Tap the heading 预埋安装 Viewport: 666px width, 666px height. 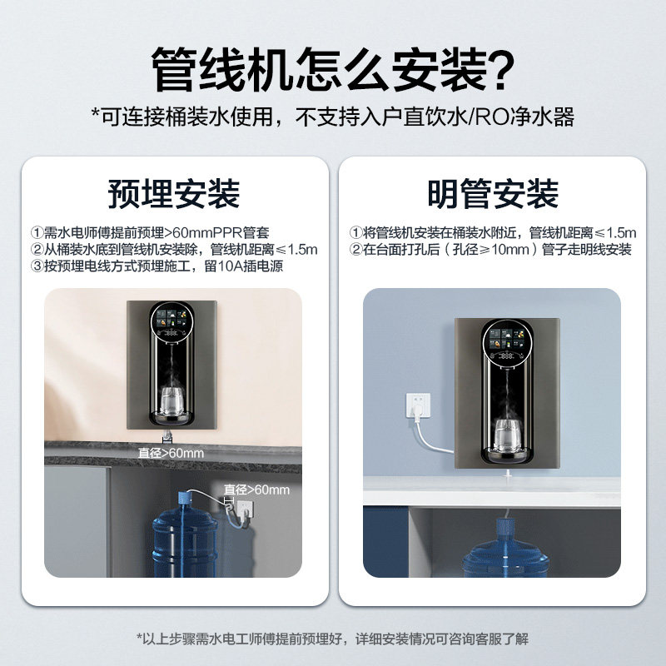174,194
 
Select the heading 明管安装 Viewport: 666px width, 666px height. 492,194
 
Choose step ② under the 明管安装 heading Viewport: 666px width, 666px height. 490,250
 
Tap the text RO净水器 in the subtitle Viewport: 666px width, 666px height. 534,117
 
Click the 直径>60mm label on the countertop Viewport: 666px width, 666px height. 171,453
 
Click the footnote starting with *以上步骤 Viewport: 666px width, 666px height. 332,639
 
